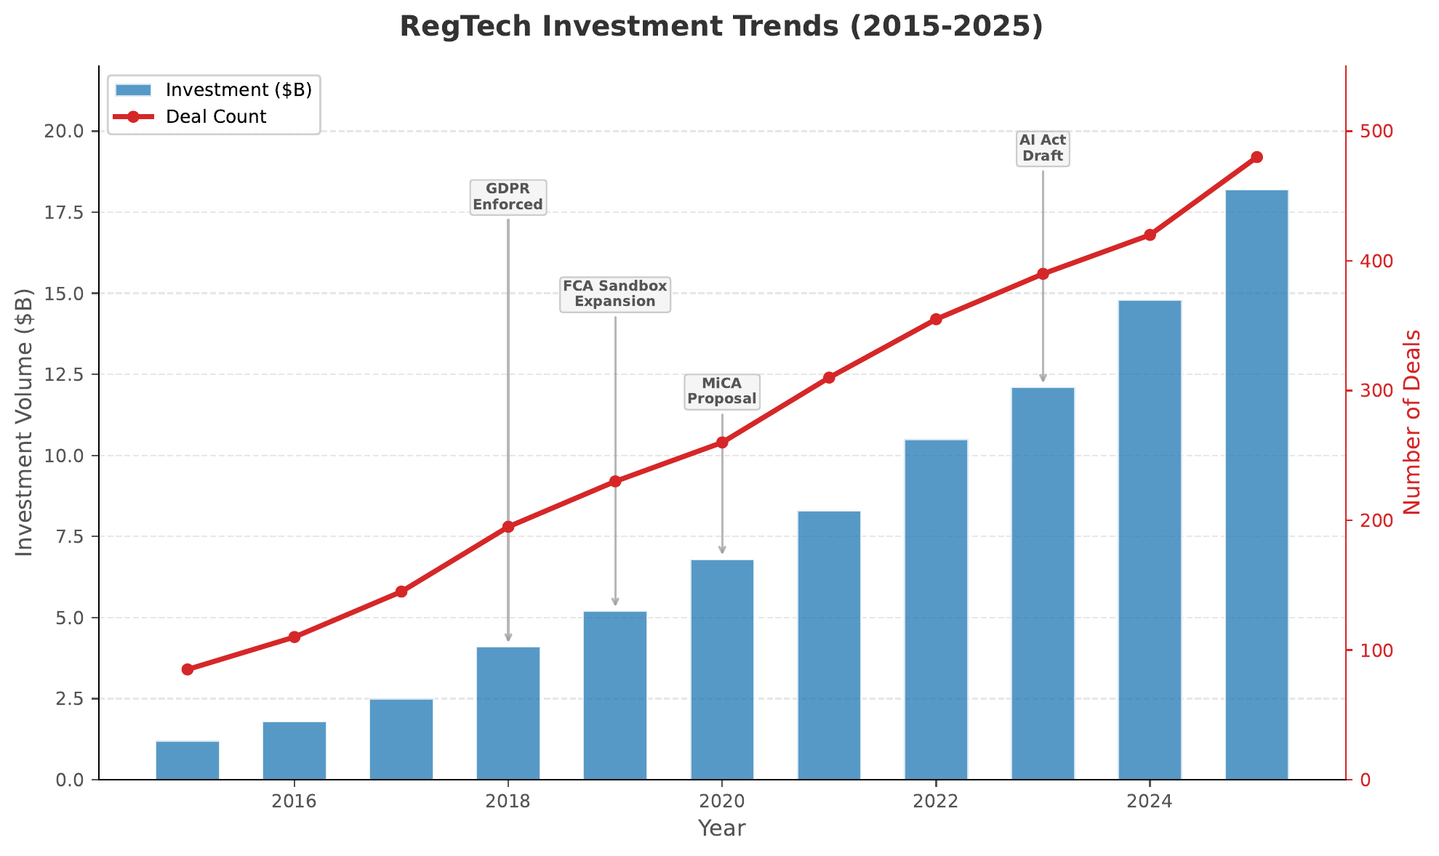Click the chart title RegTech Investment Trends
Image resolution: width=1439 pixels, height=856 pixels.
[x=721, y=27]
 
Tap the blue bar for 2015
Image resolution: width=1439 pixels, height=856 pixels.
[x=187, y=760]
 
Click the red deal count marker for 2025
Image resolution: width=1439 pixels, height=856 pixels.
[x=1256, y=157]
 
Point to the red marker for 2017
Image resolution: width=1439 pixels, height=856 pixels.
[x=401, y=591]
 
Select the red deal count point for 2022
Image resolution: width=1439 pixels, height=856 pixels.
[x=936, y=319]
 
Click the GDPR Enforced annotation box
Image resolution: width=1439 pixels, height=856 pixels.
[x=508, y=197]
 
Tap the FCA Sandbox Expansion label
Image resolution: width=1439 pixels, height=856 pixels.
[x=614, y=294]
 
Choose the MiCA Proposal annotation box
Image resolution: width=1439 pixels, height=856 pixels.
[x=721, y=392]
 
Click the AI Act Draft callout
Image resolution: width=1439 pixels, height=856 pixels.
[x=1042, y=148]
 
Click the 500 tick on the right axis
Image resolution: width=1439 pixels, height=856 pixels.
[x=1370, y=132]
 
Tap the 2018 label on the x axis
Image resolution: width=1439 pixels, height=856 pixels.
[x=508, y=802]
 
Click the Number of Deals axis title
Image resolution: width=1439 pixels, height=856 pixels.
[x=1411, y=422]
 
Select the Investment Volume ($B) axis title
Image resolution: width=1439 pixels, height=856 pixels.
[x=25, y=422]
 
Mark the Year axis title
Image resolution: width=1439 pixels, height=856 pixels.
[x=721, y=828]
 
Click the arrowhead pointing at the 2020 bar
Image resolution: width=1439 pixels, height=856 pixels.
[x=722, y=550]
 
